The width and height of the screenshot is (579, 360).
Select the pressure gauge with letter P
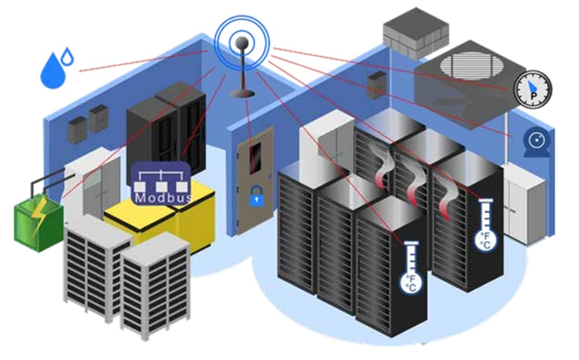[x=532, y=88]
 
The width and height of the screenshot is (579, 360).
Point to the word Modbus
[x=160, y=198]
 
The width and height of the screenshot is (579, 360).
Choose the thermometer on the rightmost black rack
[x=486, y=224]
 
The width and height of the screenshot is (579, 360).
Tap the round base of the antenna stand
[x=242, y=94]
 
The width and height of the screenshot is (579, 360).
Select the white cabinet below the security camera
[x=523, y=203]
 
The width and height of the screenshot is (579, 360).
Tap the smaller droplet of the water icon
[x=68, y=55]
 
